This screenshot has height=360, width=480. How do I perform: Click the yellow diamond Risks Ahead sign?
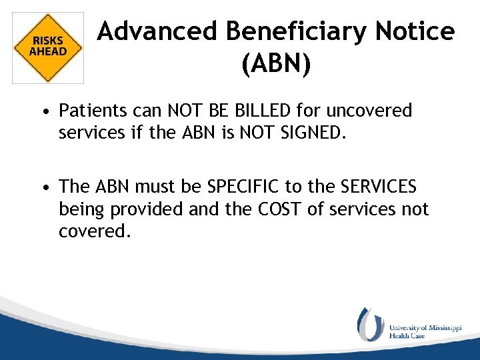pos(48,47)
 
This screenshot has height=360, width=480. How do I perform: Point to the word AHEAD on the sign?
pos(48,51)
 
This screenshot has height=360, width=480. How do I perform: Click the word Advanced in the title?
pos(157,31)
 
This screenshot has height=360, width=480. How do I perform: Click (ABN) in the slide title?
pos(276,65)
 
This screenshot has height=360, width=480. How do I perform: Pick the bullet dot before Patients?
pos(49,111)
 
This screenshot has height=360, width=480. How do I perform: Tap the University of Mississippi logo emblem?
pos(370,324)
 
